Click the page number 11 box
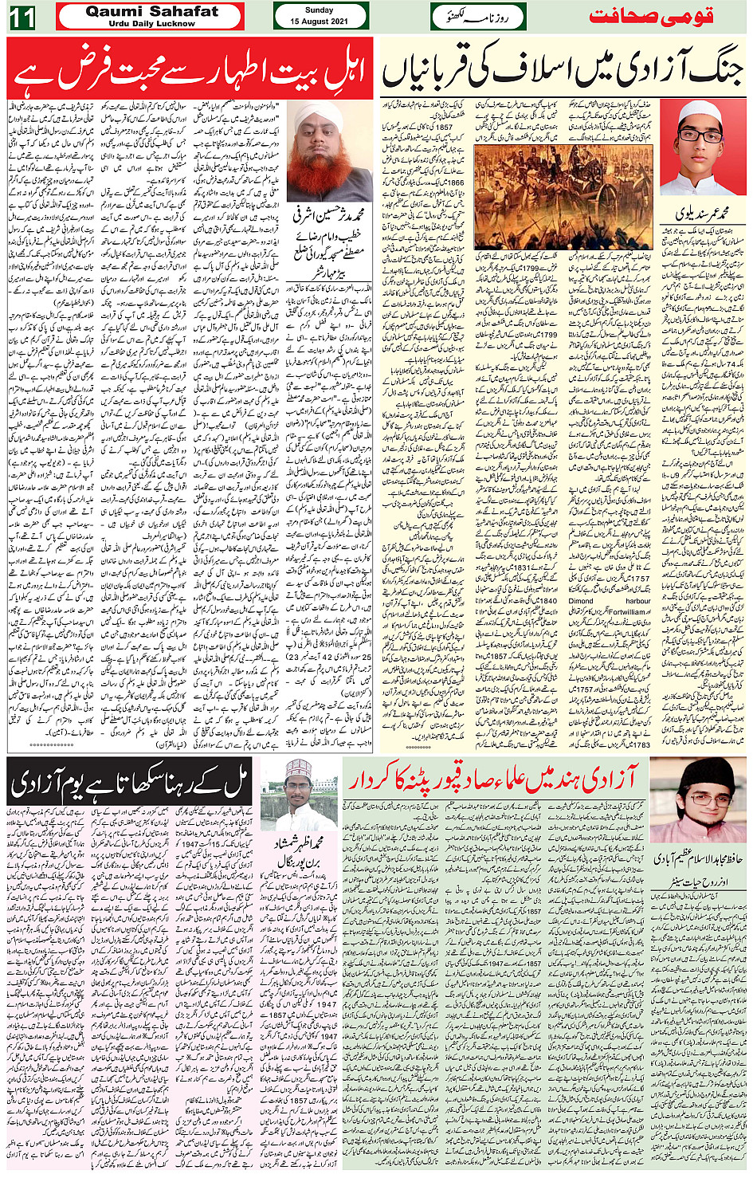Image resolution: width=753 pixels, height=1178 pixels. (x=22, y=17)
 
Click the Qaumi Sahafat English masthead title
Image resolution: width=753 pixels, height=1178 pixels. (x=151, y=11)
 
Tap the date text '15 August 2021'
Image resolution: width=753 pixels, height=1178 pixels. (x=319, y=22)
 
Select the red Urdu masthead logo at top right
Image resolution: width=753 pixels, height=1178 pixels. (x=651, y=17)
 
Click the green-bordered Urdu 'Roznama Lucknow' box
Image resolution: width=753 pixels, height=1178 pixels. (x=477, y=17)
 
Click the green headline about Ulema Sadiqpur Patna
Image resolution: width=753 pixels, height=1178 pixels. (x=494, y=777)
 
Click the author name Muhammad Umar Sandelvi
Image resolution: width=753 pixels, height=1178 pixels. (x=702, y=214)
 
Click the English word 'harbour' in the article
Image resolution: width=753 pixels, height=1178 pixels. (x=637, y=601)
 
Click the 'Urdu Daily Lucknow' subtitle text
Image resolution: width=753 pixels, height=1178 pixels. (x=151, y=24)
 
